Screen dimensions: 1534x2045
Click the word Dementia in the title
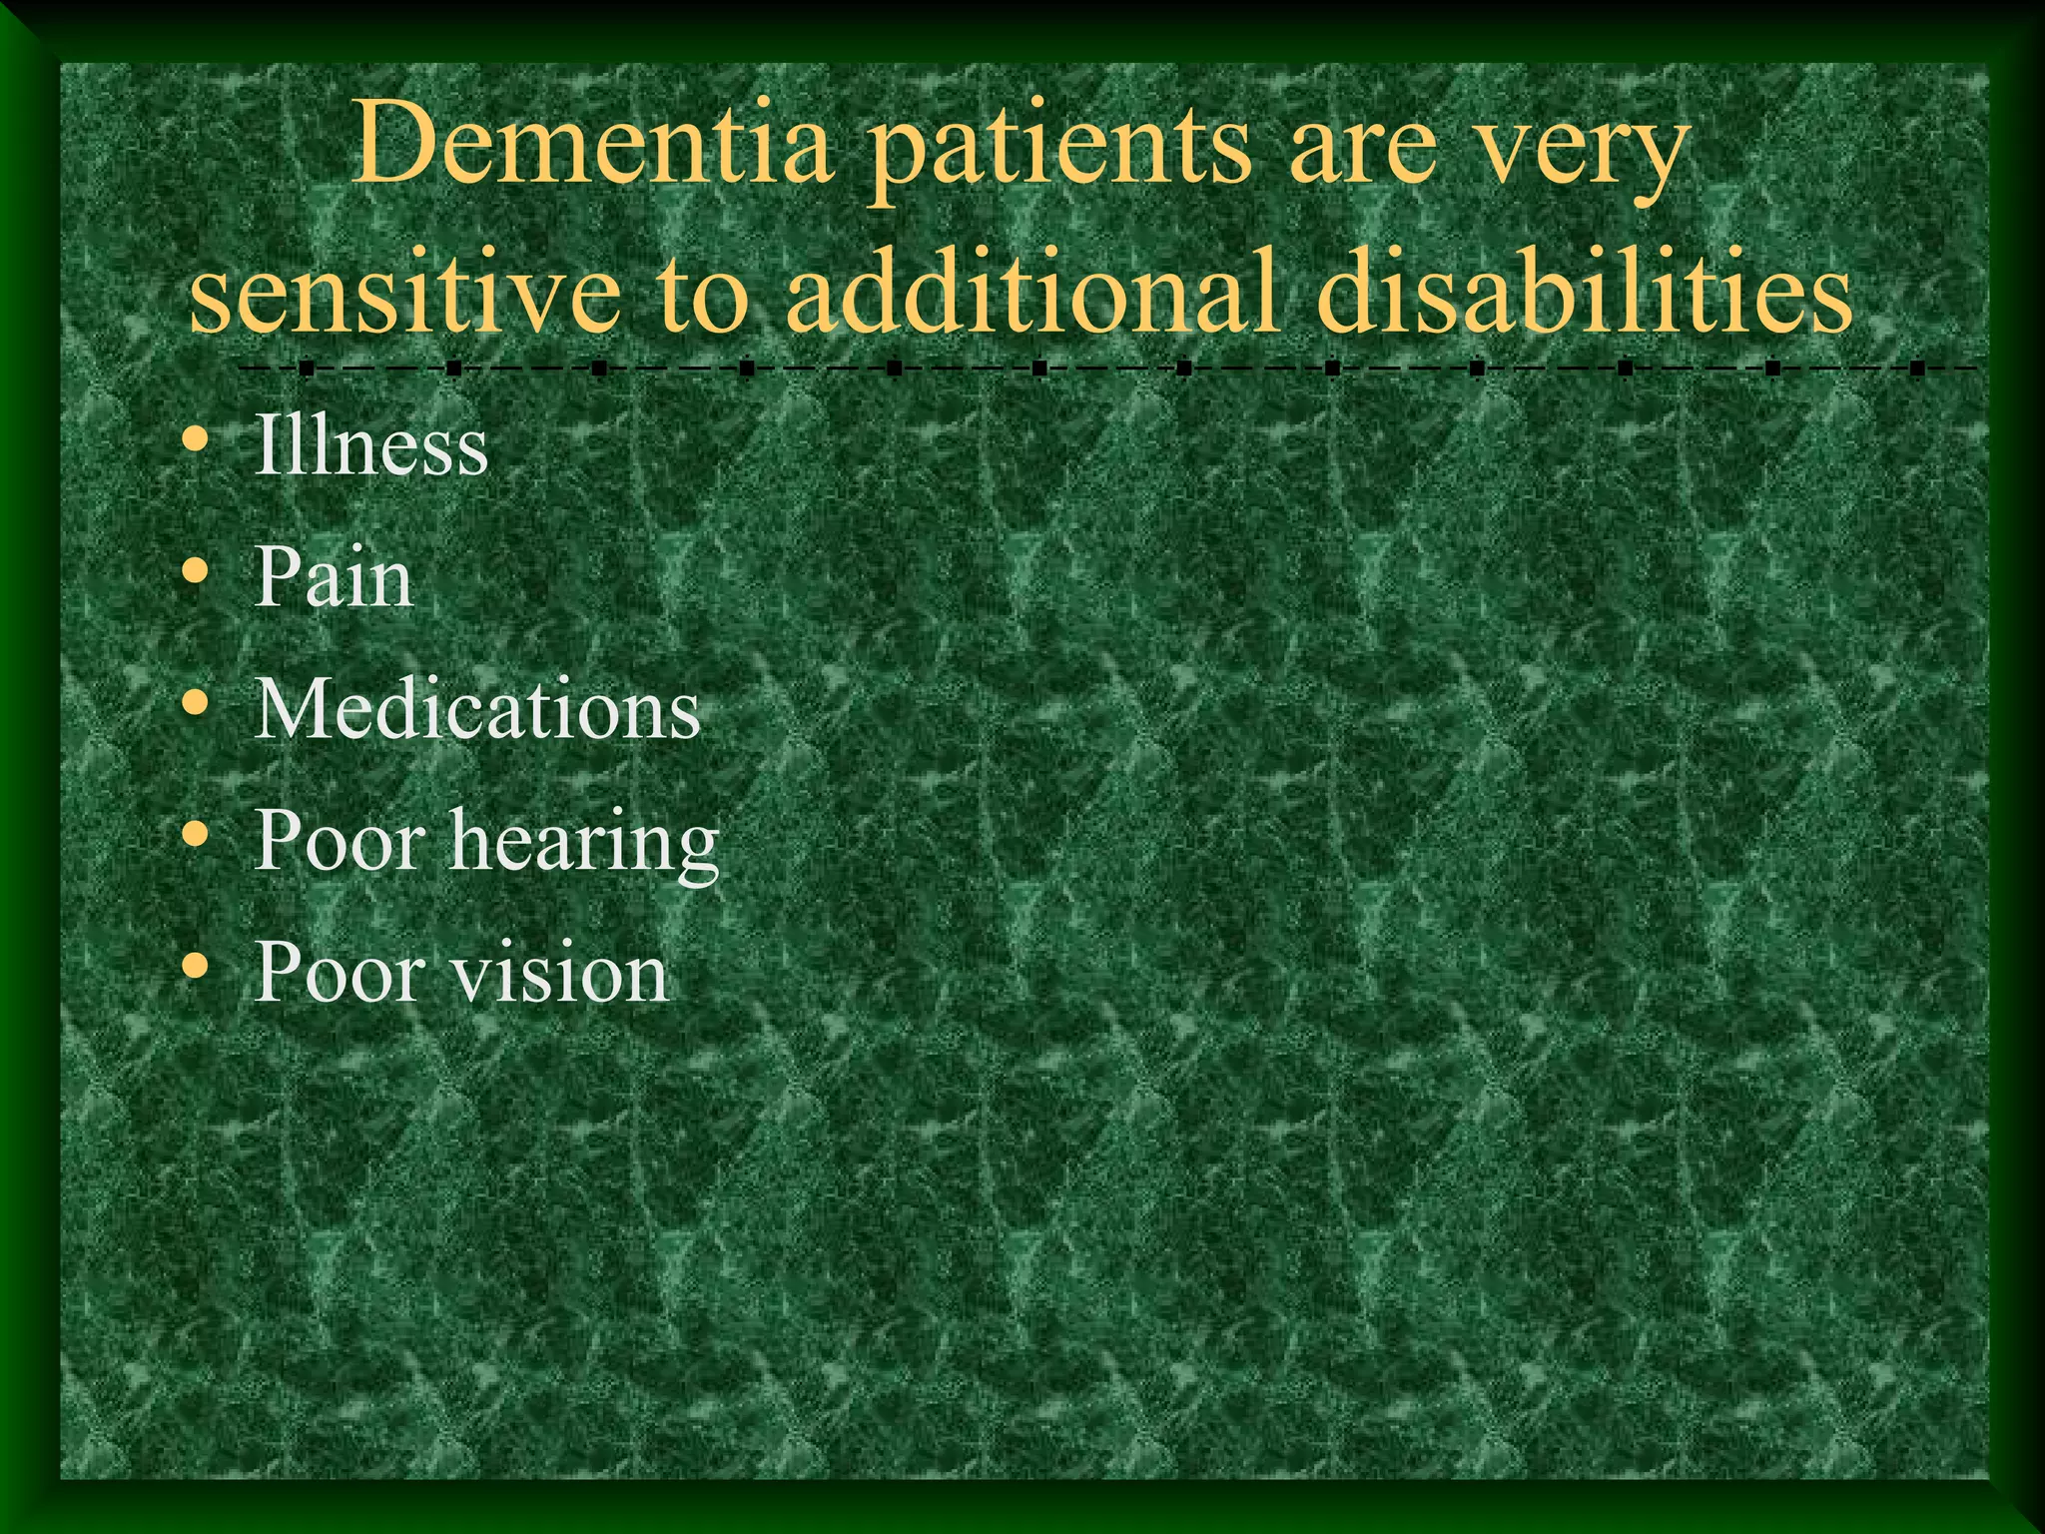(593, 148)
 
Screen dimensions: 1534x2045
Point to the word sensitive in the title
(404, 293)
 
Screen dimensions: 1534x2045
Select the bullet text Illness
(371, 445)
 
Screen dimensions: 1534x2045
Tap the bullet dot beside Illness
(197, 440)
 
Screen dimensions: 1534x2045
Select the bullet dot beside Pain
(197, 572)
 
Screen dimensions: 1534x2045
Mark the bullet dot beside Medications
(197, 704)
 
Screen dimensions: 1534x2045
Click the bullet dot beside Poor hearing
(197, 836)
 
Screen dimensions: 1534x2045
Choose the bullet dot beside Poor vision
(197, 968)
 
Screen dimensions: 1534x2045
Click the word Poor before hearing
(341, 841)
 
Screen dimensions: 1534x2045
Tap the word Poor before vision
(341, 973)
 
